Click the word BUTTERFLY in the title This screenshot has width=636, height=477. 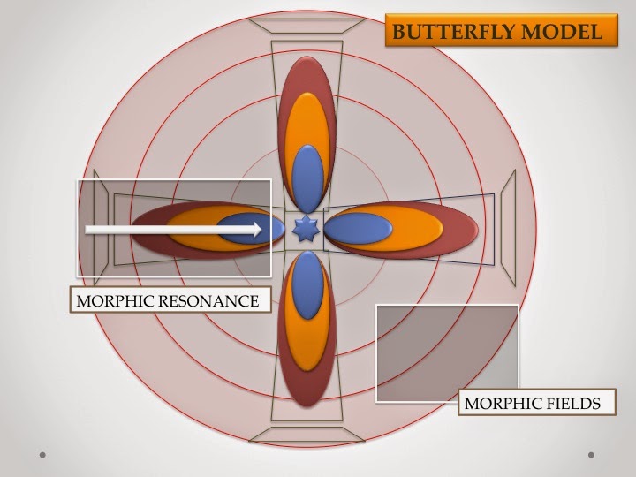(x=446, y=33)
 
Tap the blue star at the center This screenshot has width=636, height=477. (x=306, y=230)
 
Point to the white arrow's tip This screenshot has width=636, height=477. (x=260, y=230)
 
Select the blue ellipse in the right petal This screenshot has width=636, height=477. (x=359, y=230)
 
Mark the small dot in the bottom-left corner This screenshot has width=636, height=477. (x=42, y=455)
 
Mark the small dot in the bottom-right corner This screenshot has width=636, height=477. (x=590, y=455)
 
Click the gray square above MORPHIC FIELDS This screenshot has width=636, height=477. (x=447, y=352)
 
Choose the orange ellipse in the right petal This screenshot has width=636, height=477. (x=415, y=230)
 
